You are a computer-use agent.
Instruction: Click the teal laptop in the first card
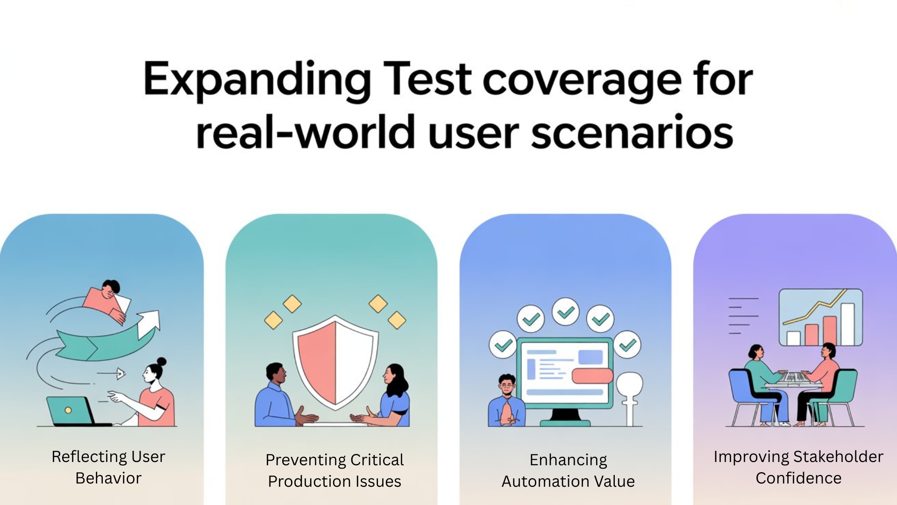pyautogui.click(x=70, y=411)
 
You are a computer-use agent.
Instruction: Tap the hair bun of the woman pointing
pyautogui.click(x=162, y=361)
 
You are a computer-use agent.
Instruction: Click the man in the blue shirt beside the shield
pyautogui.click(x=273, y=397)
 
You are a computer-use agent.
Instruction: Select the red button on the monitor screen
pyautogui.click(x=592, y=375)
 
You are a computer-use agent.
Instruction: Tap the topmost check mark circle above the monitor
pyautogui.click(x=565, y=311)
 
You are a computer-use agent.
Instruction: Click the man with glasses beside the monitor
pyautogui.click(x=506, y=401)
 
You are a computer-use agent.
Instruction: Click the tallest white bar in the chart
pyautogui.click(x=847, y=324)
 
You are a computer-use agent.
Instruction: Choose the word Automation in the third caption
pyautogui.click(x=541, y=481)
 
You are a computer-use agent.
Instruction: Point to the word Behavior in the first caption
pyautogui.click(x=108, y=478)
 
